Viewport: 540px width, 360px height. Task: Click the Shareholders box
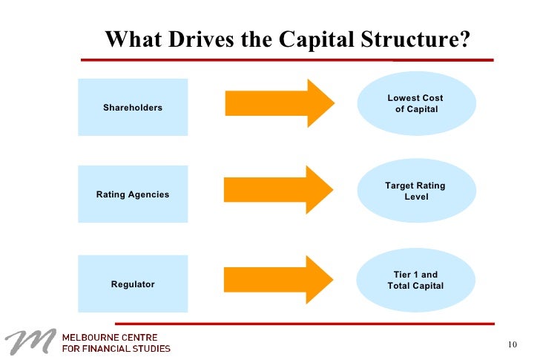133,108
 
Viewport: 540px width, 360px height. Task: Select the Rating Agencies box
133,194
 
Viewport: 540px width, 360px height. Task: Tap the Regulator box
133,284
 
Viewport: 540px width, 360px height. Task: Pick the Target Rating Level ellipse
416,192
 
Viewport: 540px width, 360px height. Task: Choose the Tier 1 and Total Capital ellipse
416,280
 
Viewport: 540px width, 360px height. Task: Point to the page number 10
513,343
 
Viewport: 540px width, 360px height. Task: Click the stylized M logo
30,341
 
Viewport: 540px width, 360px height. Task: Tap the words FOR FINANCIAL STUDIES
116,349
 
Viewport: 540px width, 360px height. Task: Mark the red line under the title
286,59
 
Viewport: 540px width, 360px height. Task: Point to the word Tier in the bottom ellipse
402,275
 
